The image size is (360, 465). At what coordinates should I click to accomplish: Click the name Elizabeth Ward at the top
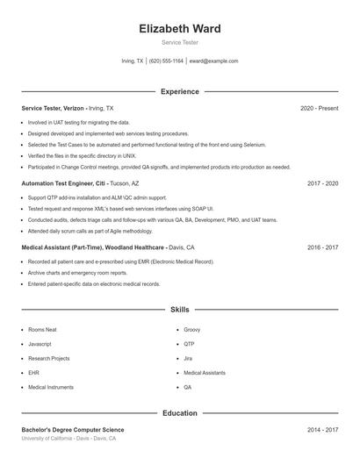click(x=179, y=29)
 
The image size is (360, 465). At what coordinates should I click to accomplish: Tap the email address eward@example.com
click(x=213, y=61)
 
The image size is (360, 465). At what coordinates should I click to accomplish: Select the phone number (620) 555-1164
click(x=166, y=61)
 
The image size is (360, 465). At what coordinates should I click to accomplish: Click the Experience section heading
click(x=179, y=91)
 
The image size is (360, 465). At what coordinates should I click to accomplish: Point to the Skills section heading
click(x=179, y=310)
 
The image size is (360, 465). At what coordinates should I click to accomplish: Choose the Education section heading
click(x=179, y=412)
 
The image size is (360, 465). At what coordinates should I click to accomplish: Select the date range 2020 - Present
click(x=319, y=108)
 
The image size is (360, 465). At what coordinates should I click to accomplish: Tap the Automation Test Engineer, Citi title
click(x=64, y=184)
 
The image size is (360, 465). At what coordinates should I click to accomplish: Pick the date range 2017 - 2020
click(x=322, y=184)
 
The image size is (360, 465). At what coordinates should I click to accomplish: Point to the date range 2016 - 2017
click(x=322, y=247)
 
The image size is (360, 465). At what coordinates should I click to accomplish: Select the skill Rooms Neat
click(x=42, y=330)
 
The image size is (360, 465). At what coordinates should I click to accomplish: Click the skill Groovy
click(x=192, y=330)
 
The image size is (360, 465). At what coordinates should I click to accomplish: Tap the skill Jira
click(x=188, y=358)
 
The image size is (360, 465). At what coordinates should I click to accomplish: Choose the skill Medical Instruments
click(x=51, y=387)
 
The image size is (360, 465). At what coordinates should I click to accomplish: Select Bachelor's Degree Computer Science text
click(x=73, y=430)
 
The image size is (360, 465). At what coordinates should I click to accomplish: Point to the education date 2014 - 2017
click(x=322, y=430)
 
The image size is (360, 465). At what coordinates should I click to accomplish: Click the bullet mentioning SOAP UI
click(x=120, y=210)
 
